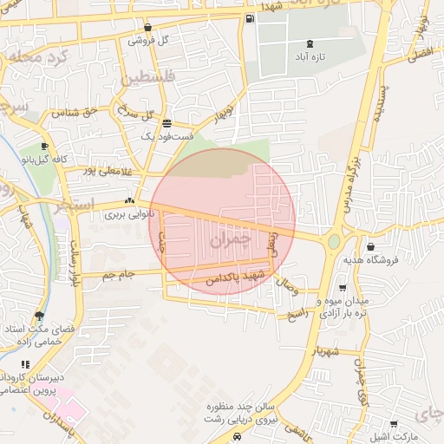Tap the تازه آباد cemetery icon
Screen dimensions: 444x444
(310, 44)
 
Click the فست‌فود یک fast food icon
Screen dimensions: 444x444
(166, 124)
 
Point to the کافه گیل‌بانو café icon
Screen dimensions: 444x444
(44, 147)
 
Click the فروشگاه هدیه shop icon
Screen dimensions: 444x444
(371, 247)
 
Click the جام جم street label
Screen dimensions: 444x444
(118, 275)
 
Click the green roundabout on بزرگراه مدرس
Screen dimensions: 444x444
(334, 241)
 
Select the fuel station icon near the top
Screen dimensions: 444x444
(250, 19)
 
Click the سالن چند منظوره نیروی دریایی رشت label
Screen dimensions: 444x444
(238, 412)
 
